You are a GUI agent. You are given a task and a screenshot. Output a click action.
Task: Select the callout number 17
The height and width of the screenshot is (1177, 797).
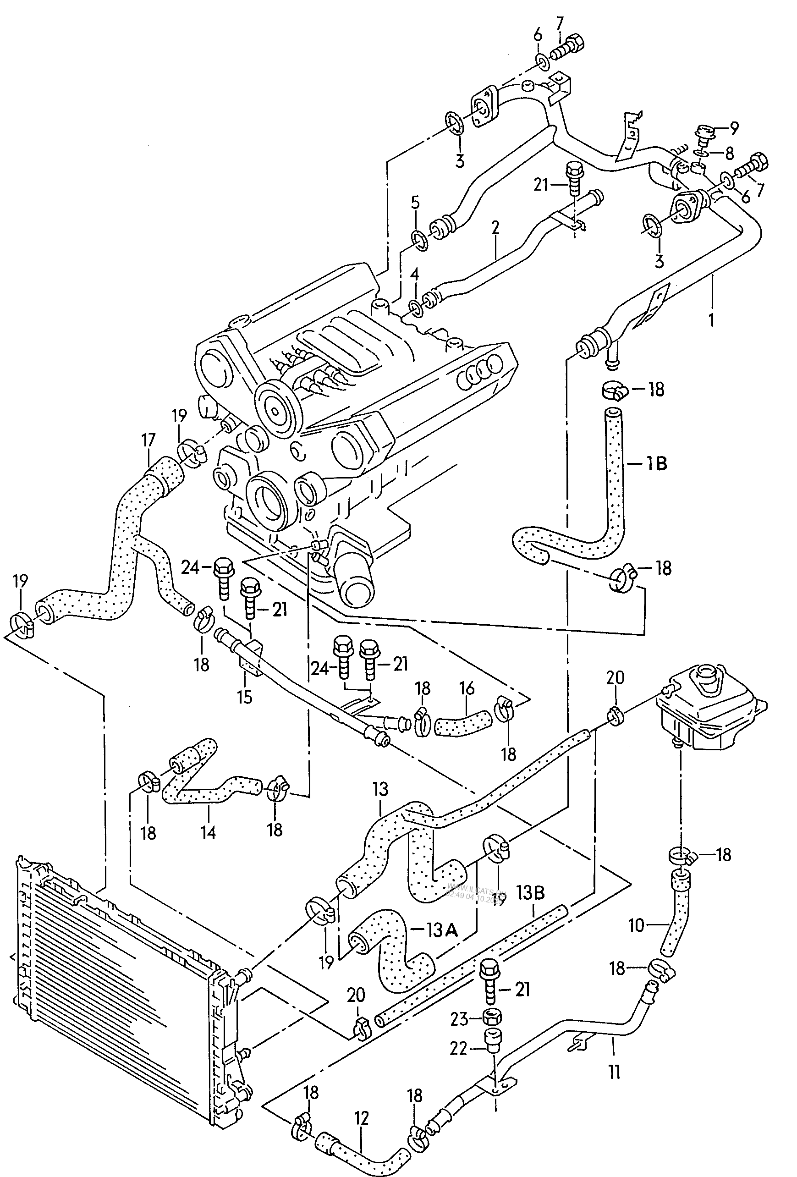[148, 440]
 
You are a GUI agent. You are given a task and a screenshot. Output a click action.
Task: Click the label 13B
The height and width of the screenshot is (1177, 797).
[530, 892]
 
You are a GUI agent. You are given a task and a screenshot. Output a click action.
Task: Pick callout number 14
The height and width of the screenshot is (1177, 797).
[208, 832]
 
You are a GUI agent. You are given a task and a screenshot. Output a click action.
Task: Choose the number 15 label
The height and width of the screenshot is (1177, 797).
[245, 696]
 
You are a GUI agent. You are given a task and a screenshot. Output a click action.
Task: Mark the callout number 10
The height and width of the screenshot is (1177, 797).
[636, 925]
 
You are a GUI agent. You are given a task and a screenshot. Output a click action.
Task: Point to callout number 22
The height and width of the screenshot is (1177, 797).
[458, 1048]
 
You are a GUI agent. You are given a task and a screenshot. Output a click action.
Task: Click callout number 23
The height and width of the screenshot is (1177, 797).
[459, 1018]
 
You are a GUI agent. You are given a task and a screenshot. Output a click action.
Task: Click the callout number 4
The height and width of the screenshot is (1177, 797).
[415, 275]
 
